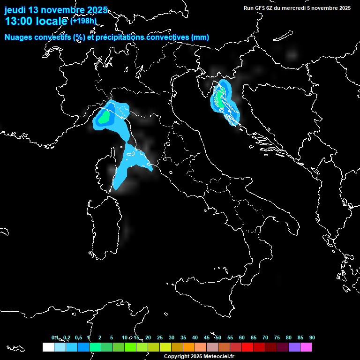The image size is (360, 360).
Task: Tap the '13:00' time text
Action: pyautogui.click(x=19, y=21)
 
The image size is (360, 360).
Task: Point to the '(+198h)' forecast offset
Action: pyautogui.click(x=83, y=21)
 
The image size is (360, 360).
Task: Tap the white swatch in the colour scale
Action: pyautogui.click(x=48, y=347)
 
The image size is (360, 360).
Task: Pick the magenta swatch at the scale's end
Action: pyautogui.click(x=306, y=347)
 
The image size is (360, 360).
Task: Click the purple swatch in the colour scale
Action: pyautogui.click(x=294, y=347)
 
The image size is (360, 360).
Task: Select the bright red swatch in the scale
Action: pyautogui.click(x=247, y=347)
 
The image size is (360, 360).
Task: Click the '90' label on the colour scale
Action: pyautogui.click(x=312, y=337)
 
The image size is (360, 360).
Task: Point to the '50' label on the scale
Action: pyautogui.click(x=218, y=337)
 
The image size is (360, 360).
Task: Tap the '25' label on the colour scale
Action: pyautogui.click(x=160, y=337)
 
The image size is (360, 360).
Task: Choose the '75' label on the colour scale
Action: pyautogui.click(x=277, y=337)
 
